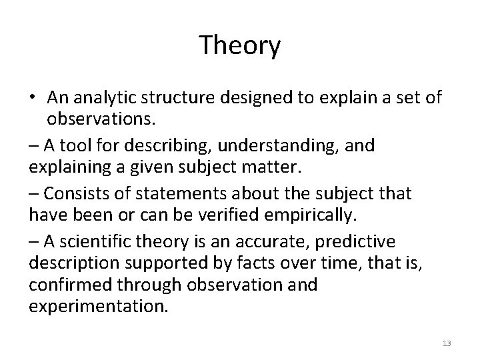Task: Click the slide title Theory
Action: click(240, 46)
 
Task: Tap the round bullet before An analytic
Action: click(33, 99)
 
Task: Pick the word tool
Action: click(70, 145)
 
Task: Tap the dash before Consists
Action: click(34, 193)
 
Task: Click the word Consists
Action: click(71, 193)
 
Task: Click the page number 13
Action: click(447, 343)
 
